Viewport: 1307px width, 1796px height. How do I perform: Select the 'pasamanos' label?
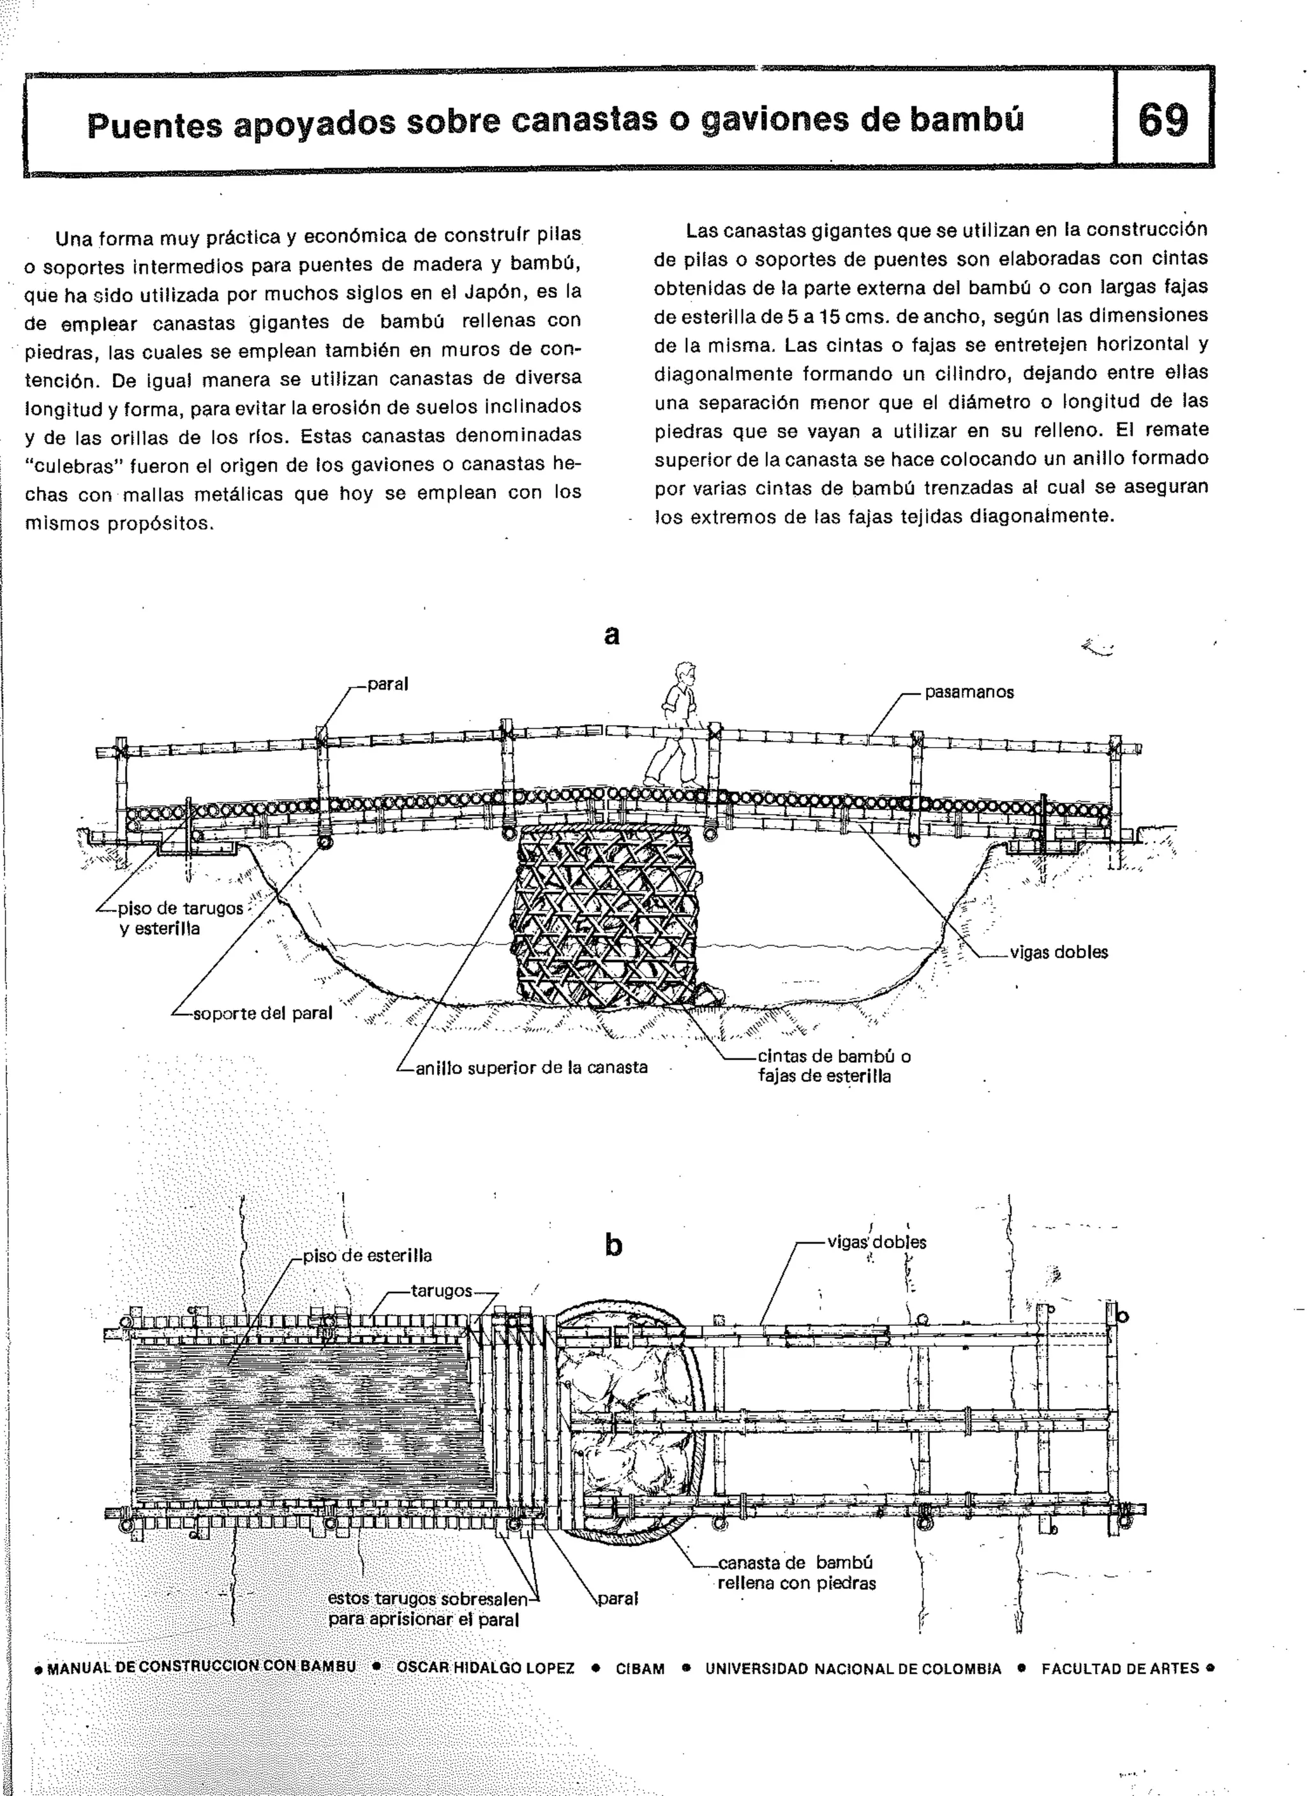(969, 692)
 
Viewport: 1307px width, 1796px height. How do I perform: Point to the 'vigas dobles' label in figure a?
(1058, 952)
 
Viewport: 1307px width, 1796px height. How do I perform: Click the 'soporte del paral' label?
(262, 1013)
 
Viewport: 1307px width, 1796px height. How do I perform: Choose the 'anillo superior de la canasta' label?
(531, 1067)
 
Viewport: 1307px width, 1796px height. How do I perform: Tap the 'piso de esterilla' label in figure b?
(368, 1255)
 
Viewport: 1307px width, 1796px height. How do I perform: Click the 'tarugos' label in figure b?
(441, 1291)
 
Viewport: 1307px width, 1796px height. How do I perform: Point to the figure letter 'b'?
(613, 1245)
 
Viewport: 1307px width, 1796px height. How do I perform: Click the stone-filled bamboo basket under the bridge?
(608, 919)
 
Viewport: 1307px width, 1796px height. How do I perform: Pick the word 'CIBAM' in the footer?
(640, 1668)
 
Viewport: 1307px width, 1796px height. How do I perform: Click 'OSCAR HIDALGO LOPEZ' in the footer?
(486, 1668)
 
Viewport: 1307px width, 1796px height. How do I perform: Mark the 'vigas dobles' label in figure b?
(876, 1242)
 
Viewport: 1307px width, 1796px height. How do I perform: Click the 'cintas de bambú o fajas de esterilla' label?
(833, 1066)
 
